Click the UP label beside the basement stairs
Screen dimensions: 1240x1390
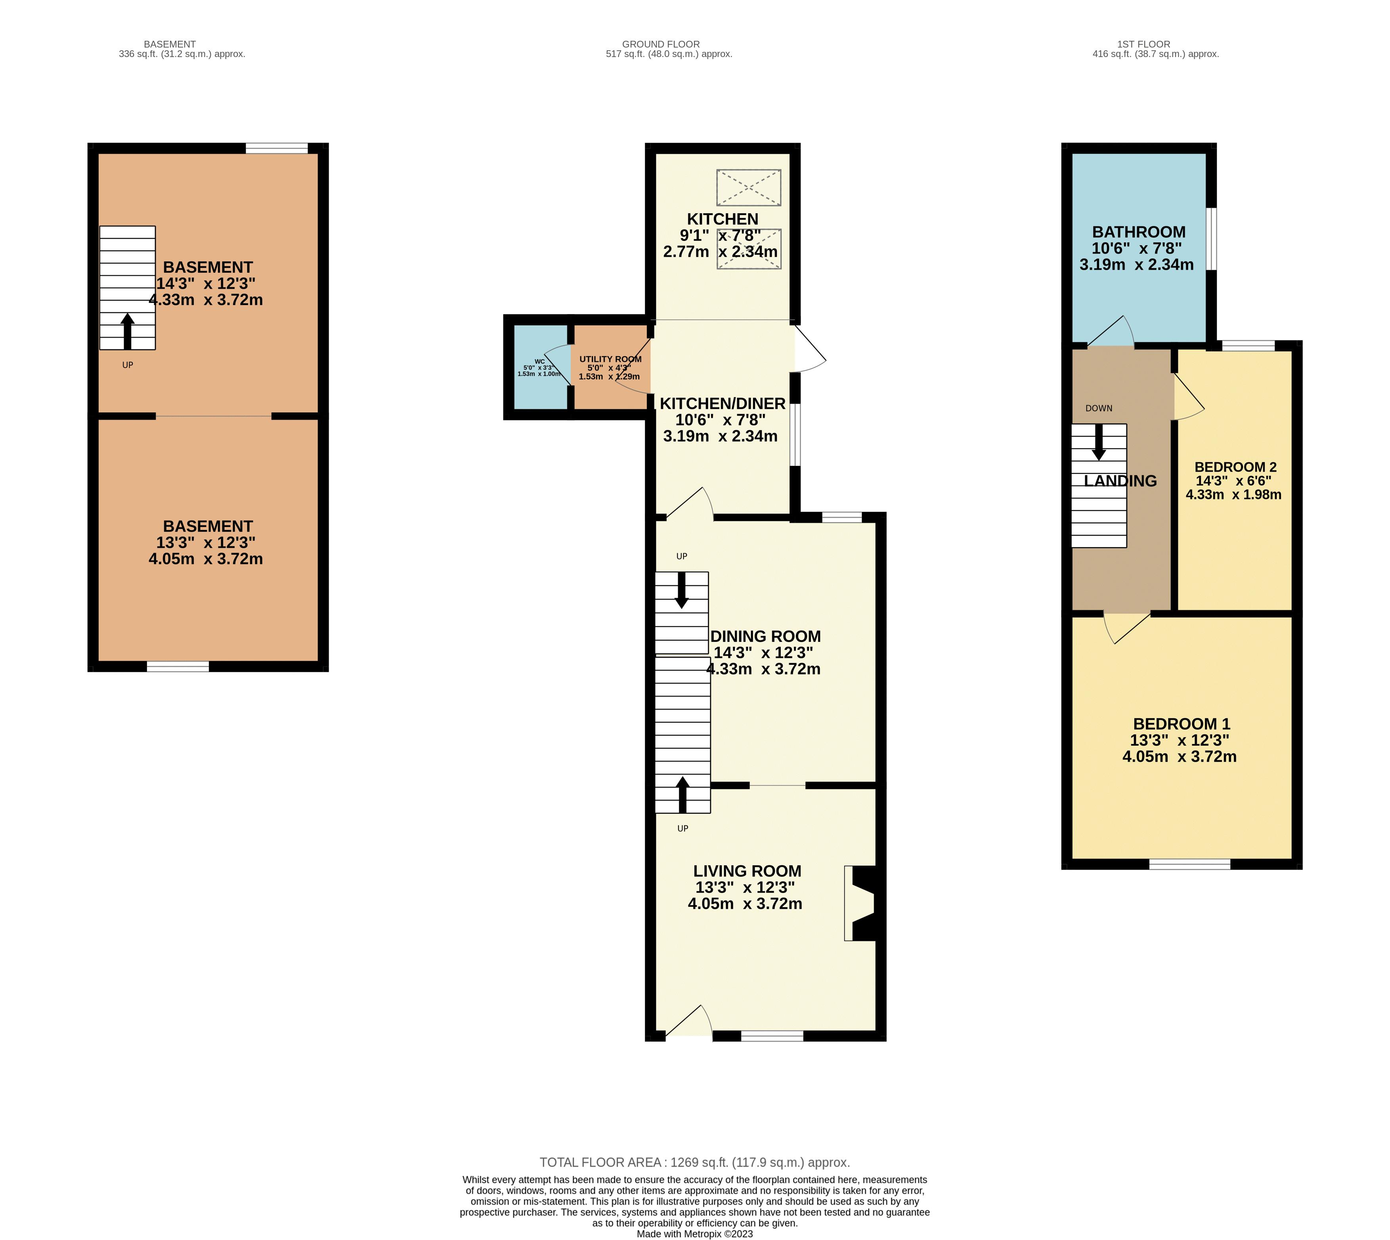click(128, 365)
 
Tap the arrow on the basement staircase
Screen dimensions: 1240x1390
click(128, 330)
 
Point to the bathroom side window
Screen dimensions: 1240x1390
click(1211, 238)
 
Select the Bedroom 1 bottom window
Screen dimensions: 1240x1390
click(1189, 864)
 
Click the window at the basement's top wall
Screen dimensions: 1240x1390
click(276, 149)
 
